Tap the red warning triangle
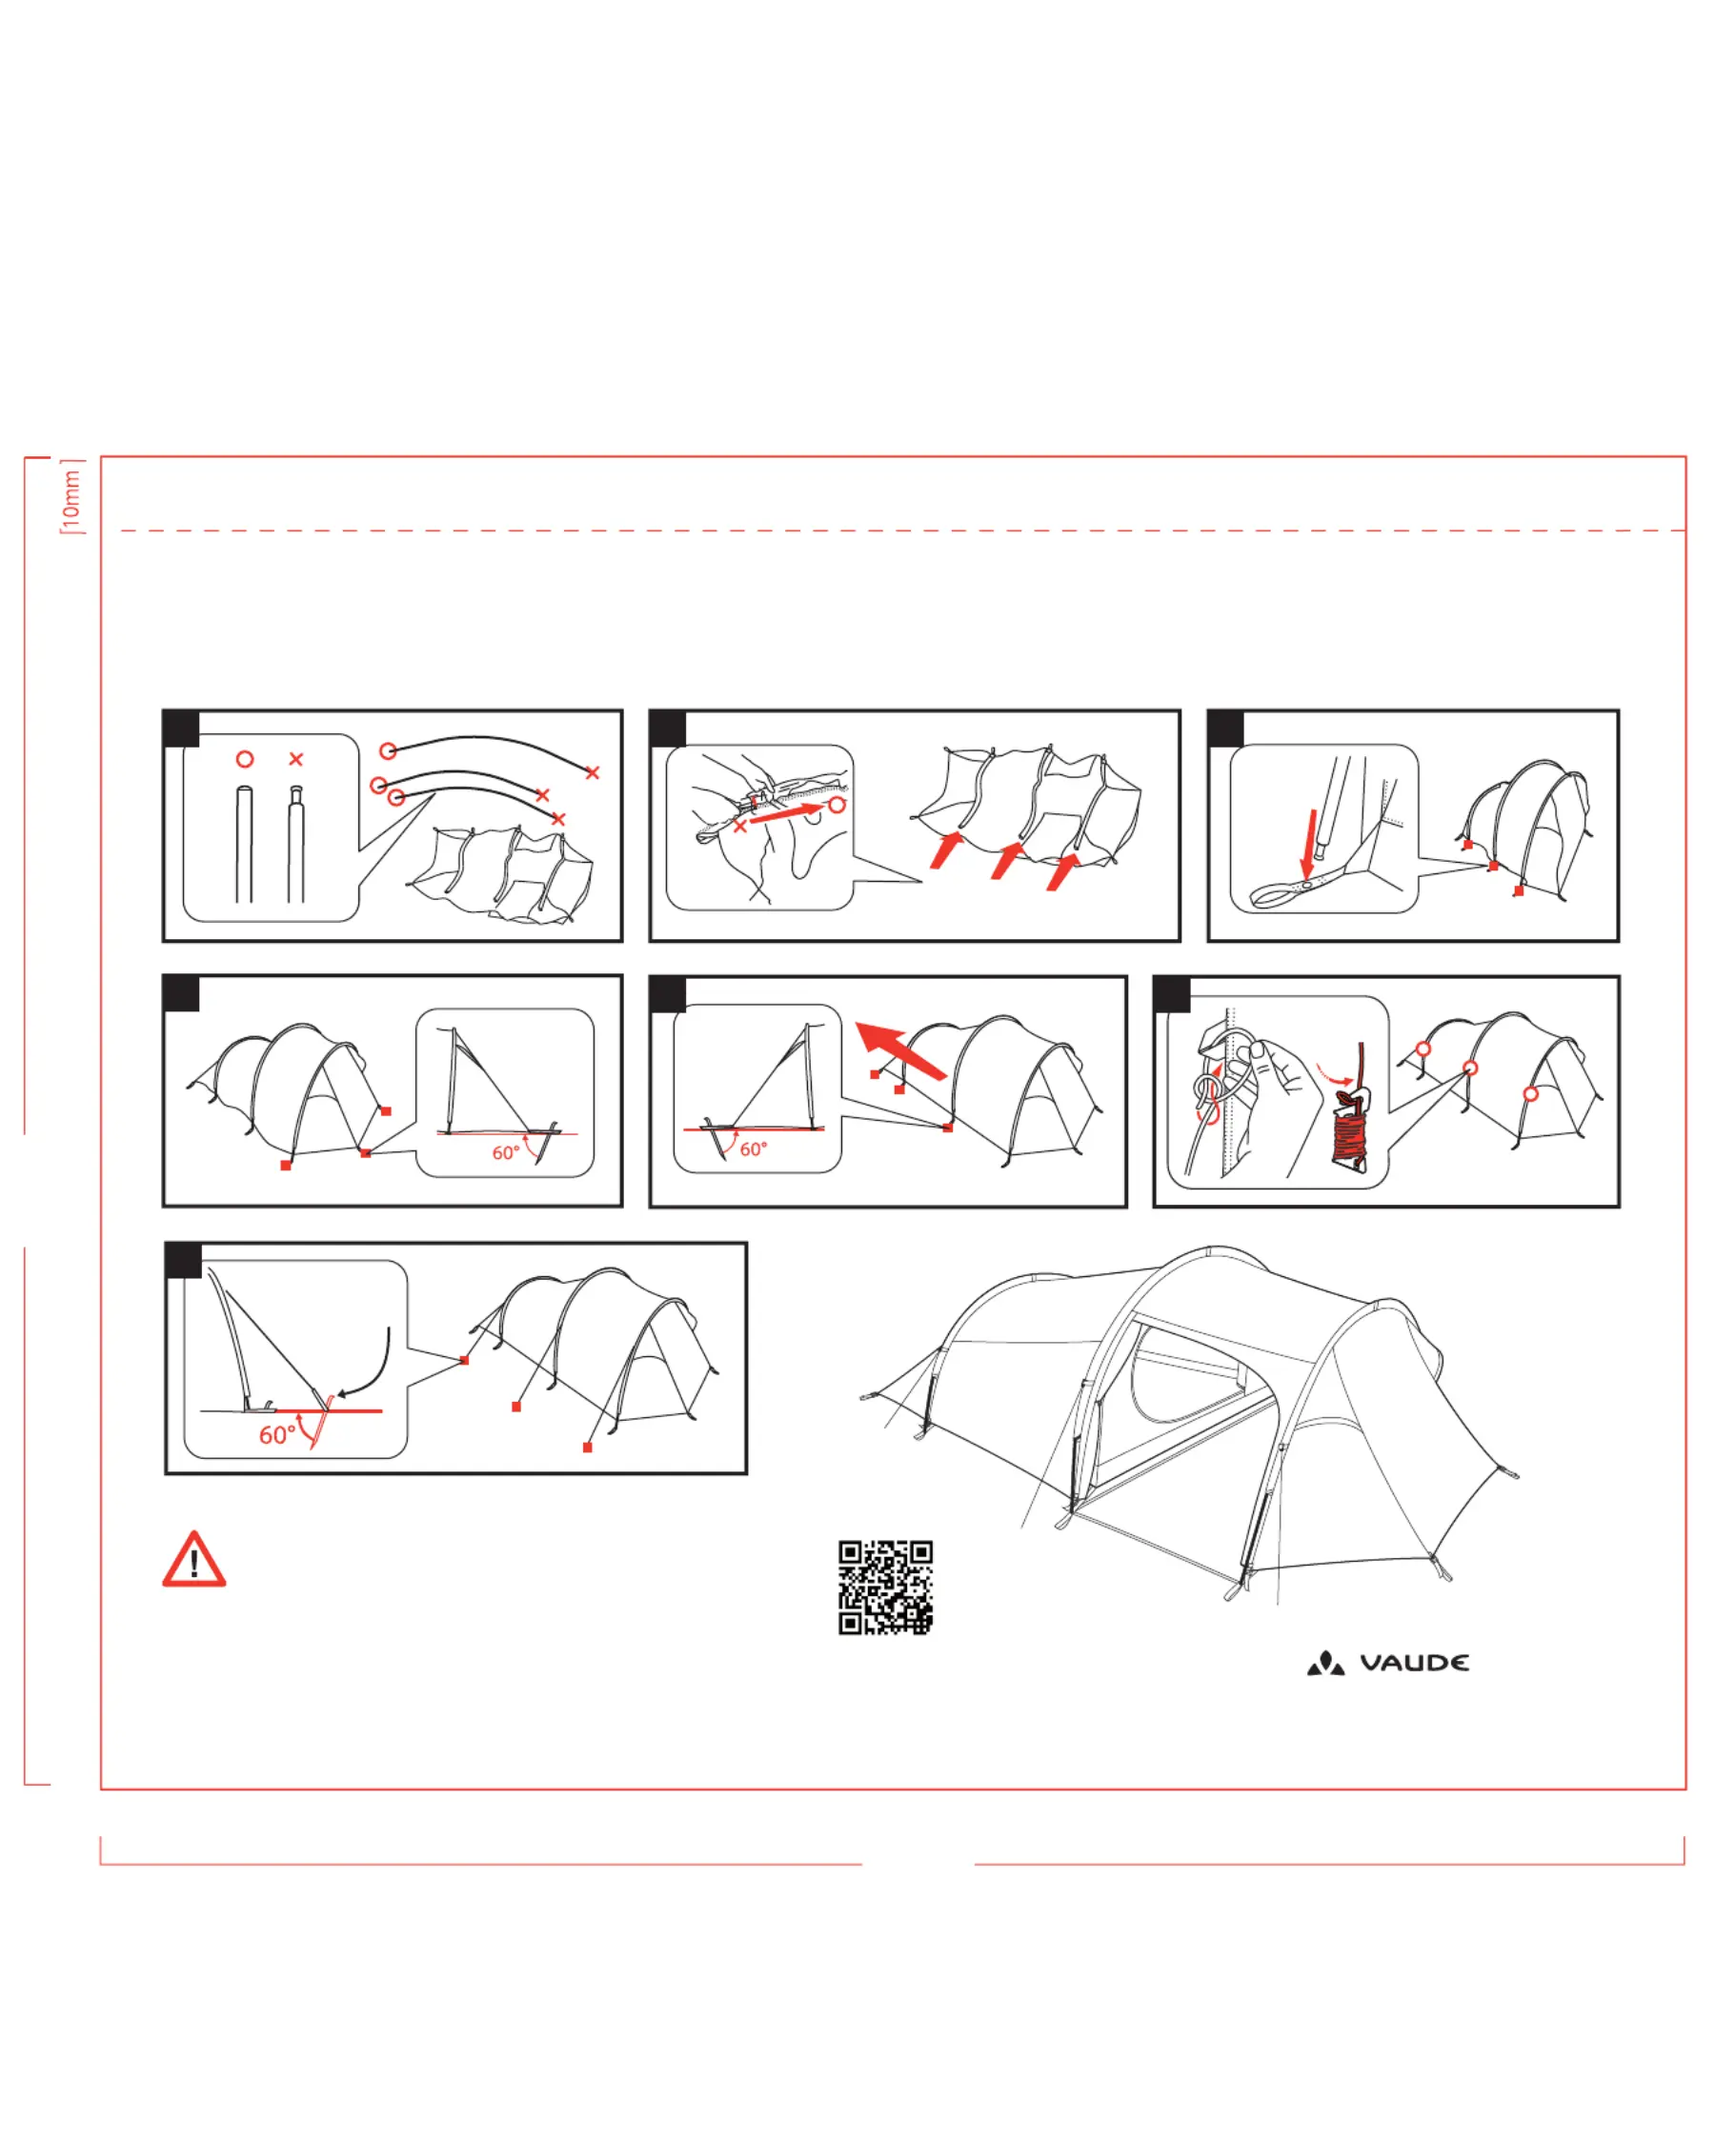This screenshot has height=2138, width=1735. [193, 1561]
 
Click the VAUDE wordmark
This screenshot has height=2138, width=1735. [1414, 1663]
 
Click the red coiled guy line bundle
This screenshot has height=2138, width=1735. [1351, 1131]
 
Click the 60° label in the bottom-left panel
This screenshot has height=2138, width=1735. [277, 1436]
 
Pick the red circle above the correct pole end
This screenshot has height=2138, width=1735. [245, 759]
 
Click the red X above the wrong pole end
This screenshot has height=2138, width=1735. [295, 759]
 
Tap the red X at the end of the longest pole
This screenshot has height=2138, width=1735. [593, 772]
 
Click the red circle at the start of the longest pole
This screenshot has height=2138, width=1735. [388, 750]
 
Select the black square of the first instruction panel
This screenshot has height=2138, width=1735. [182, 729]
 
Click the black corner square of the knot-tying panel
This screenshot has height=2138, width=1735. [1172, 994]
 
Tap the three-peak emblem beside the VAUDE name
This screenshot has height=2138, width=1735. [1326, 1663]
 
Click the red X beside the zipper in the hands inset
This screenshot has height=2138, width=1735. [739, 827]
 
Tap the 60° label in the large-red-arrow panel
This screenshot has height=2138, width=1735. [754, 1149]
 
